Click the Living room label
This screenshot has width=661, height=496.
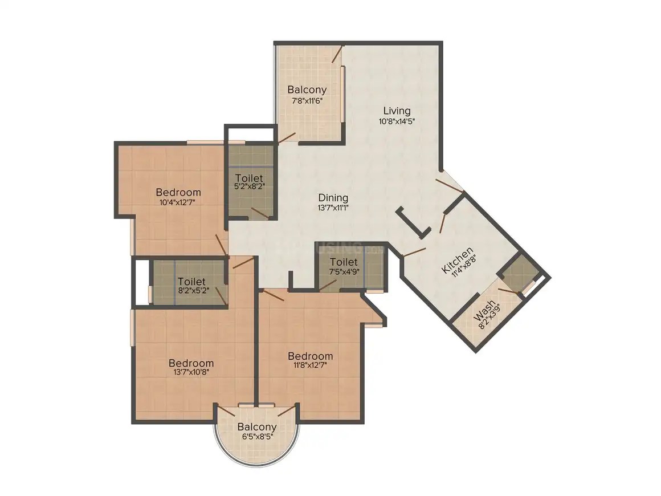pos(397,111)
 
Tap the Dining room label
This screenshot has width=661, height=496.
pos(333,198)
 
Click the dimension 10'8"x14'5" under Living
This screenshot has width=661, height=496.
pos(397,121)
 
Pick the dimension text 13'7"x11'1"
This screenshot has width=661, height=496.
pos(333,208)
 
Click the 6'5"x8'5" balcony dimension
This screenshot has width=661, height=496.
pos(257,437)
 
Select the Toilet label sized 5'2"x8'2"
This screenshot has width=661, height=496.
pos(248,178)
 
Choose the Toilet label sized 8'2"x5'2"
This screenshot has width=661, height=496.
pos(191,281)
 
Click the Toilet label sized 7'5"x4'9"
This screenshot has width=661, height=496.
pos(344,262)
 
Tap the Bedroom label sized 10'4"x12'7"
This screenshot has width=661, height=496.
pos(178,192)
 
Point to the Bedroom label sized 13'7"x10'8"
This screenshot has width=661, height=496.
pos(191,363)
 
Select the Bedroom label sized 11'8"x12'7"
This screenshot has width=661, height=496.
pos(310,356)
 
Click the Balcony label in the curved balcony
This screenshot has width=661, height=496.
pos(257,427)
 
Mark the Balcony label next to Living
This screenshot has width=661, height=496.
pos(307,90)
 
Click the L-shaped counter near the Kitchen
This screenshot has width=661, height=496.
pos(413,222)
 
